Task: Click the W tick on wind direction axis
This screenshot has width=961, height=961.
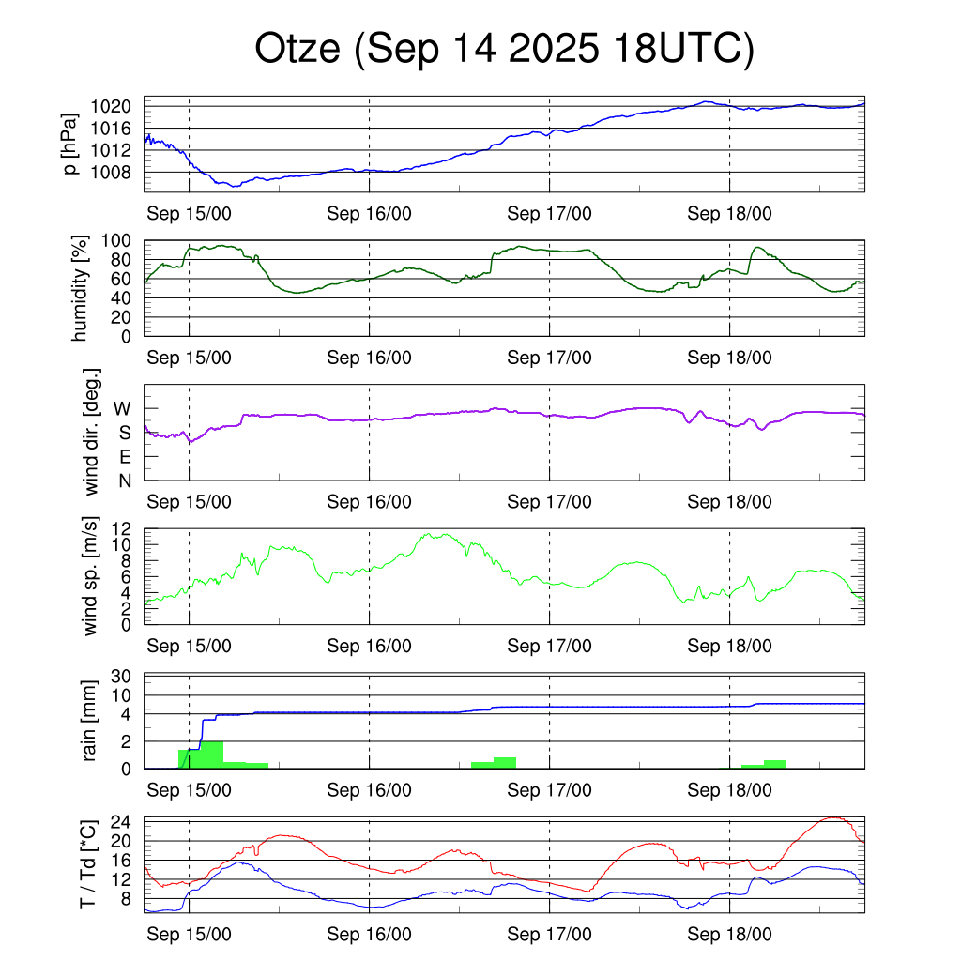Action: [x=123, y=408]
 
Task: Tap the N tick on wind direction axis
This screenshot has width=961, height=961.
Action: [x=125, y=480]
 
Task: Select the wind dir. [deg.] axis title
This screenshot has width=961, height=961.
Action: [x=92, y=432]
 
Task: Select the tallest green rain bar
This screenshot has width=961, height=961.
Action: [x=212, y=755]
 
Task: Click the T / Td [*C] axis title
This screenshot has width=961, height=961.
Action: [x=86, y=864]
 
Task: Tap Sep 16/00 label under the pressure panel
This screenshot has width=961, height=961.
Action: [x=370, y=214]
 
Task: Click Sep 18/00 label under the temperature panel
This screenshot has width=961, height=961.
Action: [x=729, y=934]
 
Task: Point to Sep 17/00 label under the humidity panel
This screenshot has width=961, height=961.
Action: [x=549, y=358]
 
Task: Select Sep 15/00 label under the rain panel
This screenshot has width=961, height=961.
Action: [x=190, y=790]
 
